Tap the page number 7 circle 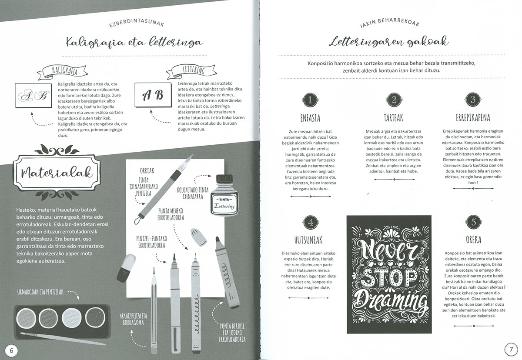(x=511, y=349)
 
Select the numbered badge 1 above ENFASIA (x=310, y=100)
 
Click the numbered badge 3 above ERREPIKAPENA (x=473, y=100)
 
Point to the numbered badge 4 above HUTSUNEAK (x=311, y=222)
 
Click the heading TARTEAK (x=393, y=118)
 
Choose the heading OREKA (x=473, y=240)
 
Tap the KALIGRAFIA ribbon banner (x=63, y=71)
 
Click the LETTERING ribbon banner (x=191, y=70)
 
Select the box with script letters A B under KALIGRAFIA (x=33, y=96)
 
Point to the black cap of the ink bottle (x=224, y=179)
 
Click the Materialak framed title (x=57, y=173)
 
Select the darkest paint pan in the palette (x=95, y=317)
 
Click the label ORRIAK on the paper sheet (x=147, y=171)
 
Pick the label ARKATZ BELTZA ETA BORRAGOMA (x=133, y=319)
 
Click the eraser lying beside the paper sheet (x=126, y=268)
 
